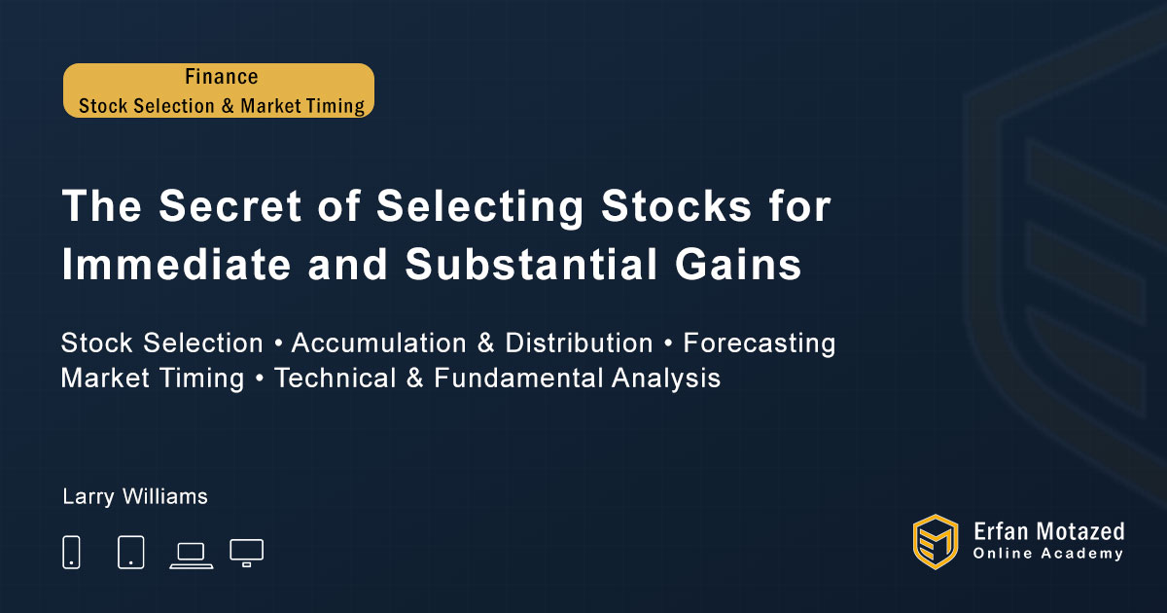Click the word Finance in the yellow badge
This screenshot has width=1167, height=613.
(x=222, y=77)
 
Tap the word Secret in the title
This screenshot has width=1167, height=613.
(x=230, y=205)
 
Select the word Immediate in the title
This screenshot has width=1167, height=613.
(x=176, y=264)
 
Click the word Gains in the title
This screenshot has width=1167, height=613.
(x=738, y=264)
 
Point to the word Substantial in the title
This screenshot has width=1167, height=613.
(x=531, y=264)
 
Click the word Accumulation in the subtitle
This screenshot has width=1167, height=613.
(x=378, y=343)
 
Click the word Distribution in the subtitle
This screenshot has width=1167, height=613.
(x=579, y=343)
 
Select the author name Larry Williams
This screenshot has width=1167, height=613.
(x=135, y=497)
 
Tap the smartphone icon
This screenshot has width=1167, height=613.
(x=71, y=552)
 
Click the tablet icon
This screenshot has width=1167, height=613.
(x=130, y=552)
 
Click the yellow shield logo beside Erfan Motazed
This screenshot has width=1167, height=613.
(x=936, y=542)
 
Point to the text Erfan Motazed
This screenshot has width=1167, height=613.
(x=1048, y=531)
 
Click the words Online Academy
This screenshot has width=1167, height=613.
(x=1048, y=554)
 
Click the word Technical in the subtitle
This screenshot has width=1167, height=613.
(x=335, y=378)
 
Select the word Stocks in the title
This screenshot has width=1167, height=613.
(x=676, y=205)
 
